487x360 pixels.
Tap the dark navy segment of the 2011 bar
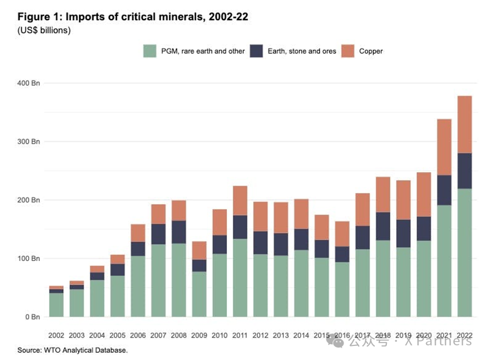click(240, 227)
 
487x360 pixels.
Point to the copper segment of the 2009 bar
click(199, 250)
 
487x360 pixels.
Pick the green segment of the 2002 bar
click(56, 304)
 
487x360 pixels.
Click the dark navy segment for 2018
click(383, 226)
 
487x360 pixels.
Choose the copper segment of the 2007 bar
click(159, 214)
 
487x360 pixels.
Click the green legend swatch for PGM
click(150, 51)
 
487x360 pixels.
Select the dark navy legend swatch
click(256, 51)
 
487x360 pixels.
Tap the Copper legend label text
click(370, 51)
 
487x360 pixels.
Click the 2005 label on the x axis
click(118, 335)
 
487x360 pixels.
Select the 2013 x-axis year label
click(281, 335)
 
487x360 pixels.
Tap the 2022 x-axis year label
click(464, 335)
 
